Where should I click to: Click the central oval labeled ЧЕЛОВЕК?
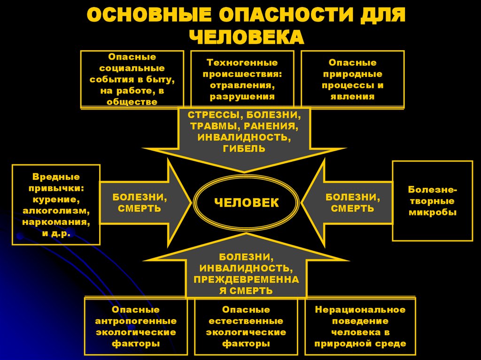tap(246, 202)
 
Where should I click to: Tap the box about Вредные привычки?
tap(56, 204)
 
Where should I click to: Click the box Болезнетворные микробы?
tap(432, 201)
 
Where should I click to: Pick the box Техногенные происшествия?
tap(242, 79)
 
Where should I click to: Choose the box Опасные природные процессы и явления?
tap(352, 79)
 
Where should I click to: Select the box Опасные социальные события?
tap(132, 79)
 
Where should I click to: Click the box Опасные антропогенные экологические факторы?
tap(136, 326)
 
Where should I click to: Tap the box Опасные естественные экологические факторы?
tap(246, 326)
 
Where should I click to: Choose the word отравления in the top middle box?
tap(242, 85)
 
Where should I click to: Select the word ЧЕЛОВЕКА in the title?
tap(246, 38)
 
